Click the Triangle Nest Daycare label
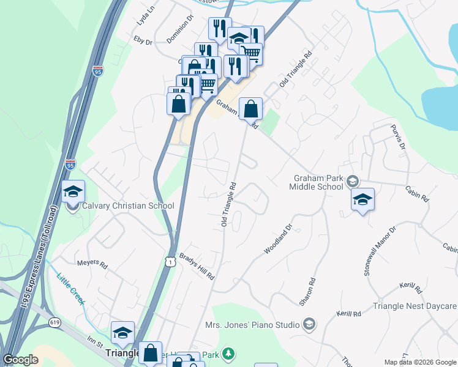415,306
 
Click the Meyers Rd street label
92,265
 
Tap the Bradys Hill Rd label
197,267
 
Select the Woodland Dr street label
279,239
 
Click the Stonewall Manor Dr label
380,251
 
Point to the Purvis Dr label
398,138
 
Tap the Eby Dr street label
142,40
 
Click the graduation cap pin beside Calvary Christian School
73,192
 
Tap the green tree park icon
228,354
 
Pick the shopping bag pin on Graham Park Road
250,109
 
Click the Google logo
21,360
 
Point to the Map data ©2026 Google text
419,362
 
